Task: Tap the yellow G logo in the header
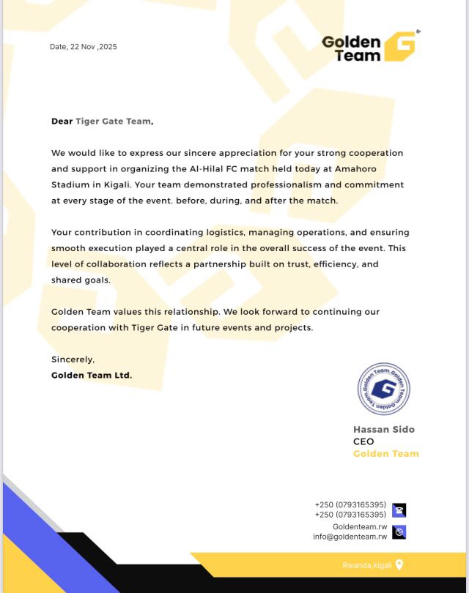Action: (399, 46)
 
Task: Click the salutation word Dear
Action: (62, 122)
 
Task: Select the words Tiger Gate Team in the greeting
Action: (113, 122)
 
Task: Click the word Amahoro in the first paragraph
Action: (352, 169)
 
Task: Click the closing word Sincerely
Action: (73, 359)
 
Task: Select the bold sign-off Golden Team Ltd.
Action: (92, 376)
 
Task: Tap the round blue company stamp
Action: (384, 389)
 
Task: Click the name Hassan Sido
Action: (384, 430)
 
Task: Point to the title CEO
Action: (363, 441)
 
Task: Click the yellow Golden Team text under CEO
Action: (386, 454)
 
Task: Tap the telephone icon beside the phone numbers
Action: (399, 510)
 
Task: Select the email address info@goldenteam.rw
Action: (350, 537)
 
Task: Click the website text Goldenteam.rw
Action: (360, 526)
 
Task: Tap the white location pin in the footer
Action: (399, 564)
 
